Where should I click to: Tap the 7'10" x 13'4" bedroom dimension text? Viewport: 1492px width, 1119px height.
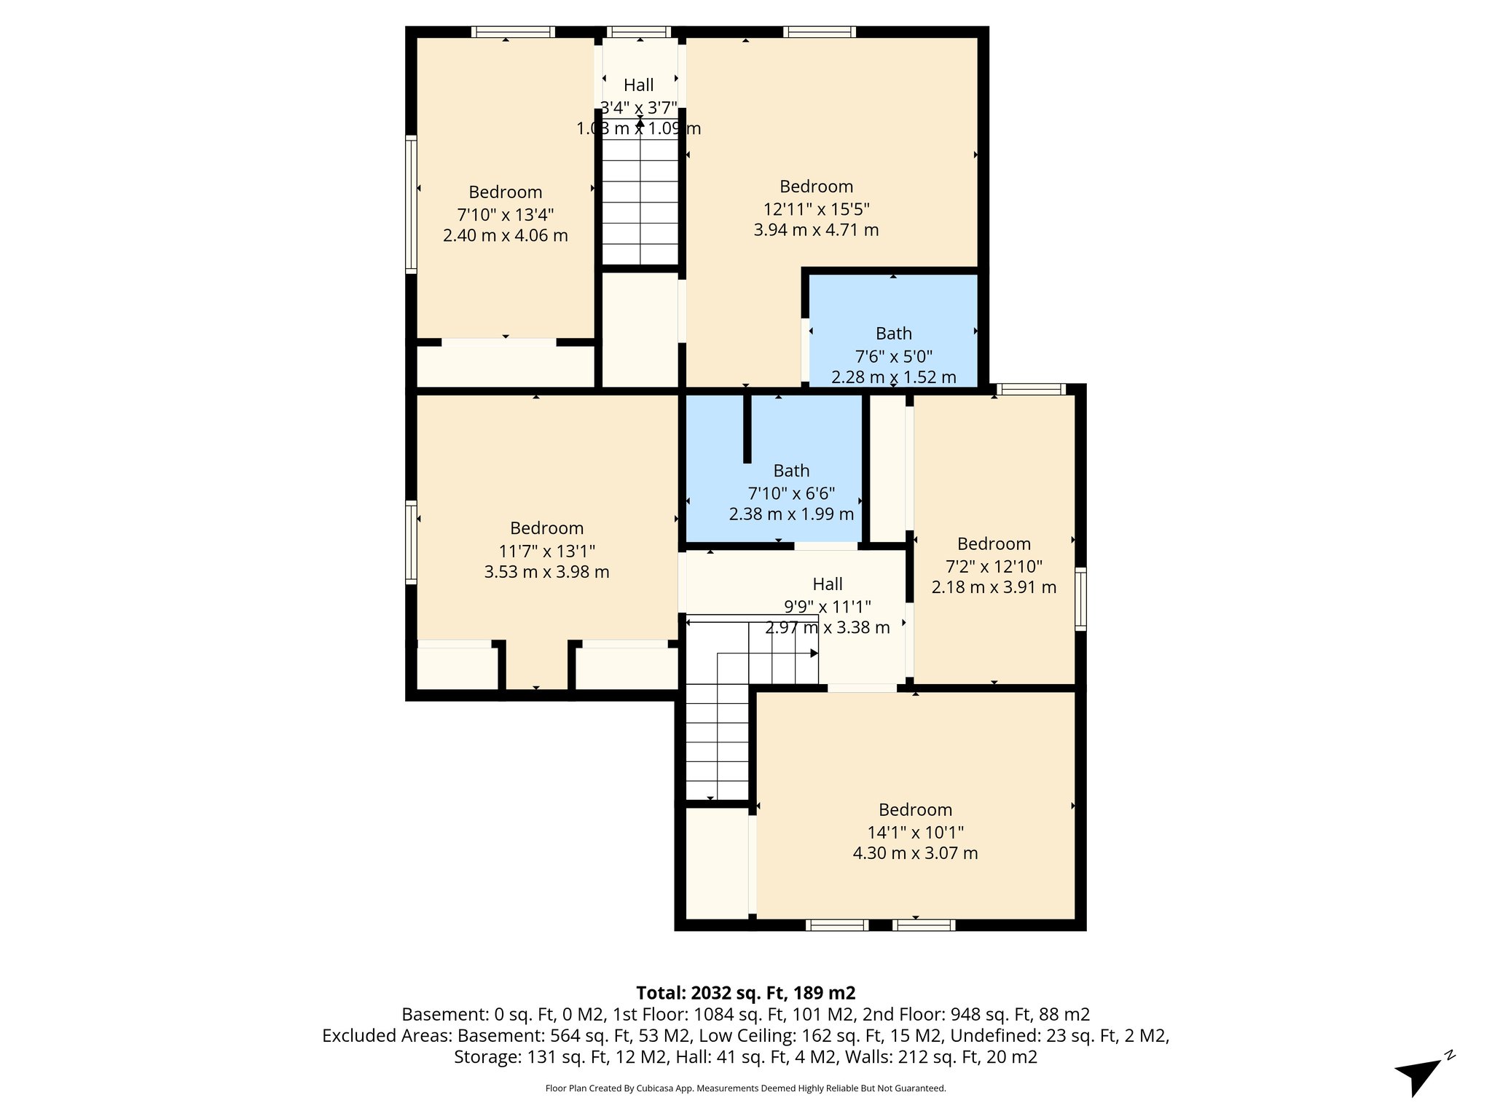point(505,215)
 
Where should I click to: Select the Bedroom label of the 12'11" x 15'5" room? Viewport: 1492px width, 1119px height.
point(816,186)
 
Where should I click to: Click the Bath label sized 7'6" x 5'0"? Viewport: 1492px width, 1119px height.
point(893,334)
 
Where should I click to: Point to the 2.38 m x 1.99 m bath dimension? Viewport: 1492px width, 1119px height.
point(791,514)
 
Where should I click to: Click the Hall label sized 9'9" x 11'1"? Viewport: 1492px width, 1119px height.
point(828,584)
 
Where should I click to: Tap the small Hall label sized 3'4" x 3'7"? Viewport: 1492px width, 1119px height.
point(638,85)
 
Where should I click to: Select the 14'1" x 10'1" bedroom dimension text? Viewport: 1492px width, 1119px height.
point(915,832)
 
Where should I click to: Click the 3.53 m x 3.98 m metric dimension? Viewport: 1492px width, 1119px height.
point(546,573)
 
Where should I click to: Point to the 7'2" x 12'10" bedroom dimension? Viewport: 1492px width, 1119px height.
point(994,566)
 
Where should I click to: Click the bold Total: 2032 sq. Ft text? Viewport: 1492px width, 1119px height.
point(745,993)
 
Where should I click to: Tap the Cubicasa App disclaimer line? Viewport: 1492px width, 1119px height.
point(745,1088)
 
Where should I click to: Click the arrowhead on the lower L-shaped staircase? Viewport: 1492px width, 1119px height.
point(814,653)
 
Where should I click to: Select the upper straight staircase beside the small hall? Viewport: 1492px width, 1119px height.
point(640,200)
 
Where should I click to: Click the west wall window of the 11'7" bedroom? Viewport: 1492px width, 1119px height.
point(412,542)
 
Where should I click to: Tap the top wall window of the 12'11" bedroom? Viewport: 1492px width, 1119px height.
point(820,32)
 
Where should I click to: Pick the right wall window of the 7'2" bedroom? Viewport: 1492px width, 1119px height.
point(1080,599)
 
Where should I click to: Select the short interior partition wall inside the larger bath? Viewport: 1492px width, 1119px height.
point(747,428)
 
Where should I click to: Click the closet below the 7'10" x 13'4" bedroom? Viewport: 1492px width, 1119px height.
point(506,366)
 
